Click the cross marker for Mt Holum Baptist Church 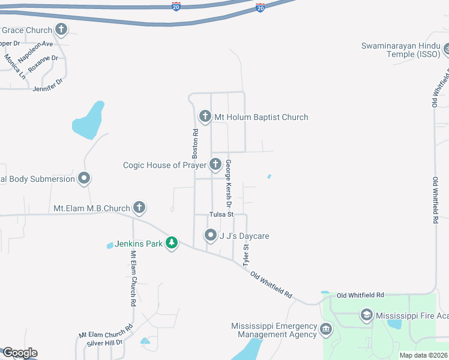point(205,116)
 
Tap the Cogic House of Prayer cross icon point(215,164)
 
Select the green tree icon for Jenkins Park point(172,243)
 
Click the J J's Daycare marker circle point(210,235)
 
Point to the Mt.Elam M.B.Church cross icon point(139,208)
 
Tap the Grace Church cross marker point(61,29)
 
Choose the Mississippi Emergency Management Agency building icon point(326,329)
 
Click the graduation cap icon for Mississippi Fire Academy point(366,314)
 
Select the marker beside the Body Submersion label point(84,178)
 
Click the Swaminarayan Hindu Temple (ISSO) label point(401,50)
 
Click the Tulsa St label point(221,214)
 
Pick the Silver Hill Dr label point(104,342)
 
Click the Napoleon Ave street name point(35,52)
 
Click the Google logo point(19,353)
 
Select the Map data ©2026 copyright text point(423,355)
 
